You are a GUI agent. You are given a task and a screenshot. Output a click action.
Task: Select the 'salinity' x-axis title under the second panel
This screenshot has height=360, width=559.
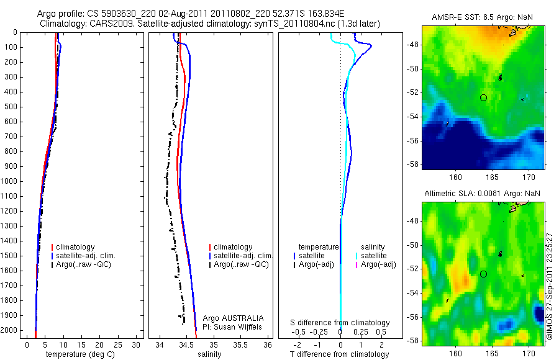(209, 354)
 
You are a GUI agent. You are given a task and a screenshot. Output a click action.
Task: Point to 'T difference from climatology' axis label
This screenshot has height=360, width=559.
(339, 354)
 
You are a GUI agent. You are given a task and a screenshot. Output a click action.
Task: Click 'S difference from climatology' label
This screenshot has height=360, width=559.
(340, 323)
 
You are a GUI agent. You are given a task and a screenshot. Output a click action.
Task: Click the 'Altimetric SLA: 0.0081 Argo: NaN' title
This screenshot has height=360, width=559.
(483, 194)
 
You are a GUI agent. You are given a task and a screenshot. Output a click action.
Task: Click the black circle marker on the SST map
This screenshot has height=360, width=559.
(483, 97)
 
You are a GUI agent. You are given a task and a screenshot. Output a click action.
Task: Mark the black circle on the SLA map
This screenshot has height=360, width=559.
(483, 274)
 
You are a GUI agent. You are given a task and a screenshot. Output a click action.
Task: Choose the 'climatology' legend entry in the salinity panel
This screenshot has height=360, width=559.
(233, 247)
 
